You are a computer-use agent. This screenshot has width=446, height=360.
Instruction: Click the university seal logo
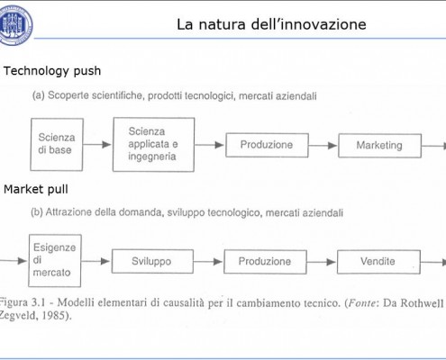pos(15,25)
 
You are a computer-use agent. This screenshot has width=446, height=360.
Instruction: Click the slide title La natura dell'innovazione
pos(271,24)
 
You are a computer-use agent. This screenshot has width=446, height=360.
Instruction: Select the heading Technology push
pos(52,71)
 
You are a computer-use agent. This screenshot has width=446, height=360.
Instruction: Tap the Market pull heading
pos(36,189)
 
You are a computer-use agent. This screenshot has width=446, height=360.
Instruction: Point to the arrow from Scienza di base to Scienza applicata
pos(97,145)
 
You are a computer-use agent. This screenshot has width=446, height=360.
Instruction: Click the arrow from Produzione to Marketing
pos(323,146)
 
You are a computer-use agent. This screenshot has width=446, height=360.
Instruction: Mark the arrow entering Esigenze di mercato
pos(14,261)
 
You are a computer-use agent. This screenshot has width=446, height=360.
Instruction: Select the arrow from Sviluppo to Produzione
pos(208,262)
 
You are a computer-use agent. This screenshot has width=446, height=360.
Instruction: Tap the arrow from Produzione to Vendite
pos(322,262)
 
